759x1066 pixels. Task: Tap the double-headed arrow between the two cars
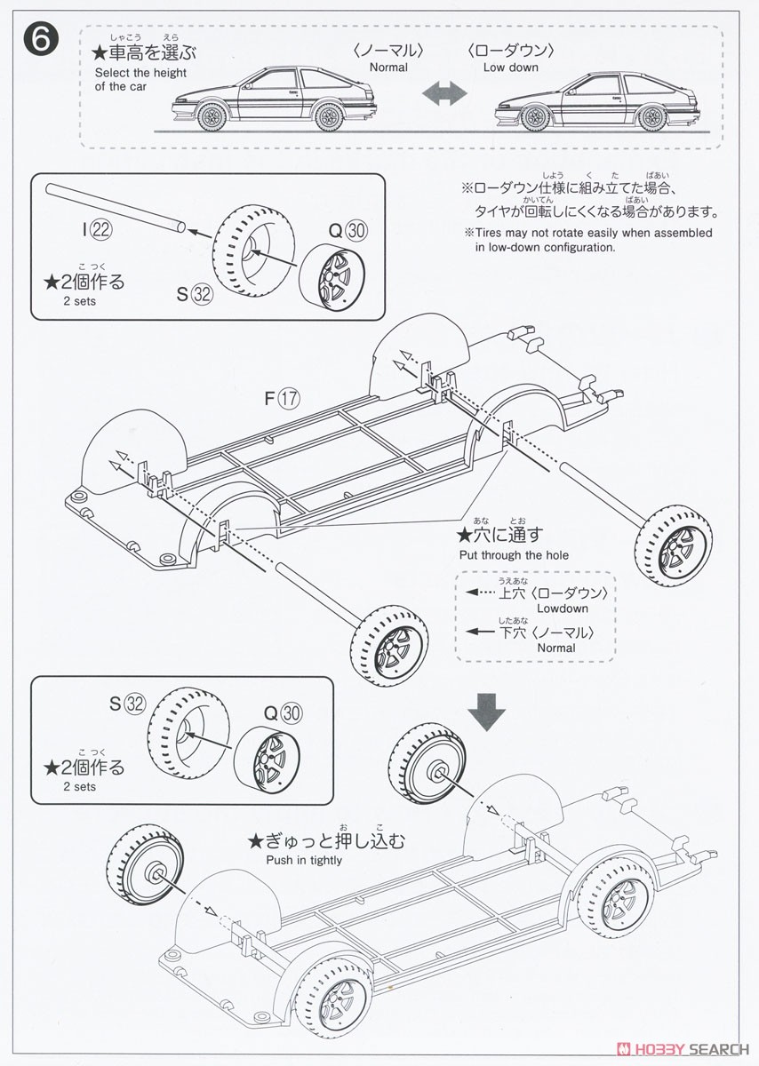(443, 95)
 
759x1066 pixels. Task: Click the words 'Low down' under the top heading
(511, 68)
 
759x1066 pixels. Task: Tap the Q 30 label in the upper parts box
(348, 230)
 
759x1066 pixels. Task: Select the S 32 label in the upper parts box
(195, 295)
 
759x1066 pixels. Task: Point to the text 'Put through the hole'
(514, 554)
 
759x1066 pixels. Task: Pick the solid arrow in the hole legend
(479, 632)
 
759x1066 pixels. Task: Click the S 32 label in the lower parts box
(127, 704)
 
